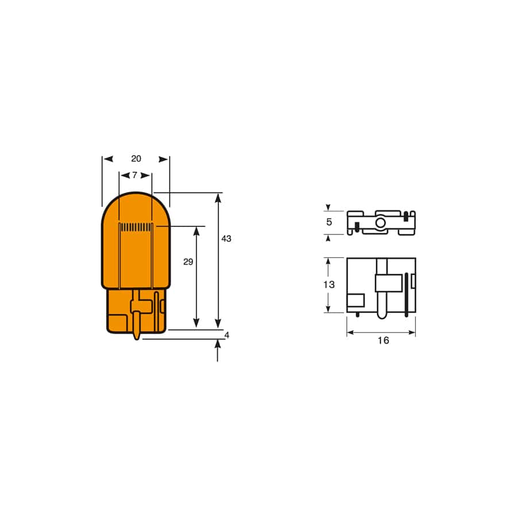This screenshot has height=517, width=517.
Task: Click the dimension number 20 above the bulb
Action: [136, 159]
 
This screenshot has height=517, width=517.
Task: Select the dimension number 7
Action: [135, 175]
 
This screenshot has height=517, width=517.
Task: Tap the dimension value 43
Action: [226, 238]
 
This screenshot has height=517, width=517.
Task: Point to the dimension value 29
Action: [188, 261]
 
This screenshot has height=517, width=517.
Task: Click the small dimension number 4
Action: [226, 335]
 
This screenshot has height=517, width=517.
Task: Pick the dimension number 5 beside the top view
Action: [329, 222]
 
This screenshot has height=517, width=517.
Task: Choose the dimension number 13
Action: [329, 284]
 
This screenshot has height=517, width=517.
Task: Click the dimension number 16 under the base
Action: [383, 340]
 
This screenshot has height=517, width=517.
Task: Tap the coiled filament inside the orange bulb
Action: [136, 227]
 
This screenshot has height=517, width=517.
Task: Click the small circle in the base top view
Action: [380, 223]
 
